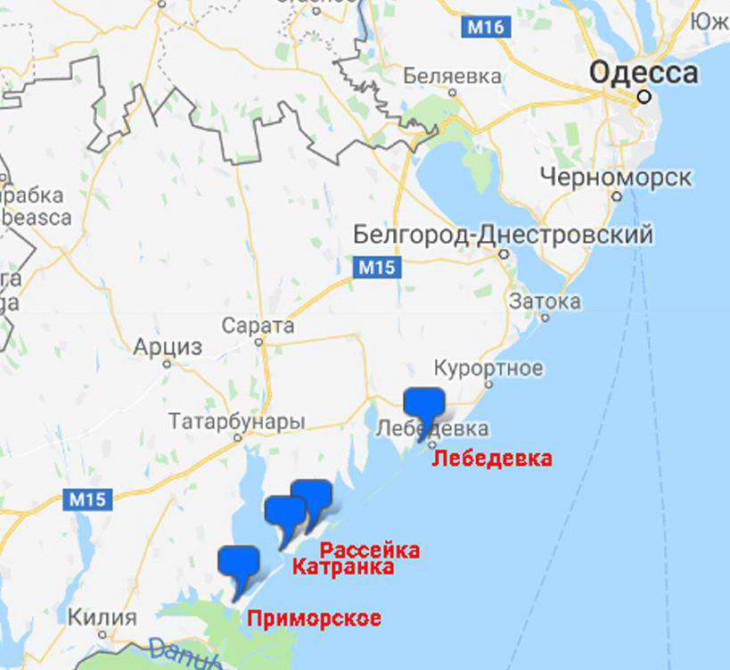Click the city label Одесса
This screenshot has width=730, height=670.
pyautogui.click(x=644, y=71)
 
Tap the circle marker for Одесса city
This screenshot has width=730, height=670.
pyautogui.click(x=644, y=96)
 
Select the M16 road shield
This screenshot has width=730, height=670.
pyautogui.click(x=486, y=28)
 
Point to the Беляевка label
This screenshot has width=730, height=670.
pyautogui.click(x=452, y=77)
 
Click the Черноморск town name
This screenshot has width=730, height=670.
pyautogui.click(x=616, y=178)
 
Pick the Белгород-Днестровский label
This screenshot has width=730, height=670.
pyautogui.click(x=503, y=235)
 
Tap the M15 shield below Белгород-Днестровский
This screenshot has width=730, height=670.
pyautogui.click(x=376, y=267)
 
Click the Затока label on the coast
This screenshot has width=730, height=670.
pyautogui.click(x=545, y=302)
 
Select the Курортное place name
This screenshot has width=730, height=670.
pyautogui.click(x=488, y=368)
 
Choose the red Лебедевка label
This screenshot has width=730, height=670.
pyautogui.click(x=492, y=459)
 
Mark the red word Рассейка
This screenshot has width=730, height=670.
pyautogui.click(x=369, y=550)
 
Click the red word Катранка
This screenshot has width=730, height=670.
pyautogui.click(x=343, y=567)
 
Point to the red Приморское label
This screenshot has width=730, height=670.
pyautogui.click(x=314, y=618)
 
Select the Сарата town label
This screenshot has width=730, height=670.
pyautogui.click(x=258, y=326)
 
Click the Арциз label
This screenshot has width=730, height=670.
pyautogui.click(x=168, y=347)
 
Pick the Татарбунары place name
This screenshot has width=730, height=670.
pyautogui.click(x=236, y=421)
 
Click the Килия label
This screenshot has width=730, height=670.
pyautogui.click(x=103, y=617)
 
